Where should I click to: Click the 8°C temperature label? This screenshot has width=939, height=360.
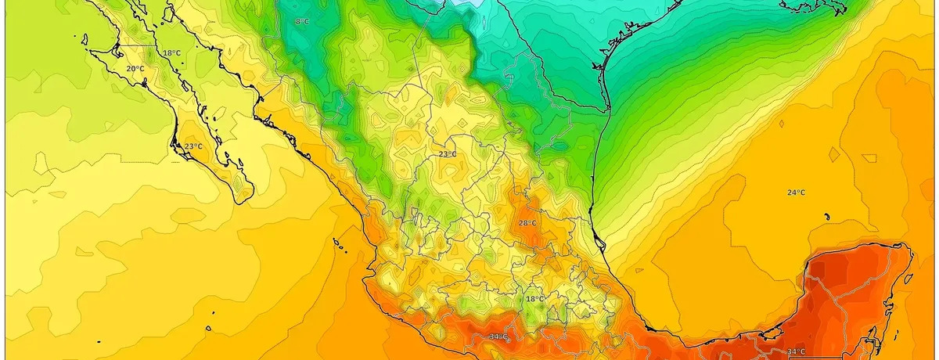[x=302, y=21]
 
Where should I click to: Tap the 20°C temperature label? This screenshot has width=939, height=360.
[x=135, y=69]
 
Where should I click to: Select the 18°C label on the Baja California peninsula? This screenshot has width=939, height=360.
[x=171, y=53]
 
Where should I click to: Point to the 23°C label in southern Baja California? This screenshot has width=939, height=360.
[x=192, y=146]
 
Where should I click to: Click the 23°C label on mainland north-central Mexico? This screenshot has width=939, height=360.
[x=447, y=154]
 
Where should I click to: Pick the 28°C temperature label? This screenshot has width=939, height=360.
[x=527, y=223]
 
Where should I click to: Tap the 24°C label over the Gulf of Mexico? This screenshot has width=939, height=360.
[x=796, y=193]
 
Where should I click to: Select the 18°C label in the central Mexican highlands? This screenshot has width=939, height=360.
[x=534, y=299]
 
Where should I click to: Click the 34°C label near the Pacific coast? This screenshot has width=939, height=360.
[x=498, y=337]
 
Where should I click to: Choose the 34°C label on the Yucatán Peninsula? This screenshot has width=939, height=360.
[x=796, y=351]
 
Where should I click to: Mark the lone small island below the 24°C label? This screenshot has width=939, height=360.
[x=826, y=217]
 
